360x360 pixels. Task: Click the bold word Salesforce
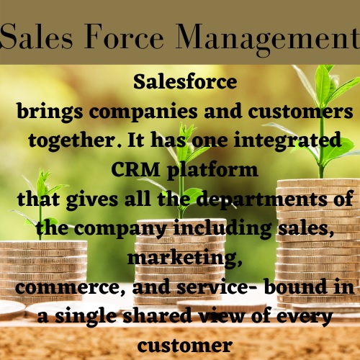click(185, 82)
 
